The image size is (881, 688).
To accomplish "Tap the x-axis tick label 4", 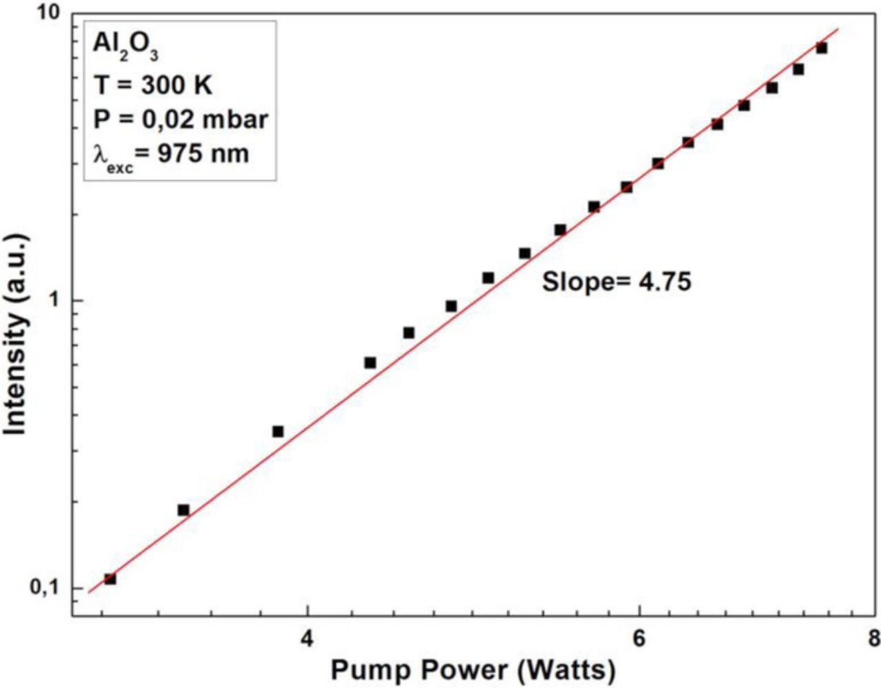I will [307, 638].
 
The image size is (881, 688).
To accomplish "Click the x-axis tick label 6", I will [640, 638].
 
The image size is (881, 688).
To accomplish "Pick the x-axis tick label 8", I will [873, 638].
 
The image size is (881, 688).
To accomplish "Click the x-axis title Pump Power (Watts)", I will [474, 669].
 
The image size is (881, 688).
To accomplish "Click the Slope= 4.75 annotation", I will [616, 282].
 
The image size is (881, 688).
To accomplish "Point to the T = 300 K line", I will [153, 85].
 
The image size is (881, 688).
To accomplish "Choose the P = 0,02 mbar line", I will [180, 120].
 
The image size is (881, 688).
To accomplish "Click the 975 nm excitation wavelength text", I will [203, 153].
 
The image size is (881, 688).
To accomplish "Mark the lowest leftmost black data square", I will [110, 579].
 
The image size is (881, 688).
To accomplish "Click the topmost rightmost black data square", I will [821, 47].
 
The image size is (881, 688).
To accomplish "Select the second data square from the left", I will [183, 510].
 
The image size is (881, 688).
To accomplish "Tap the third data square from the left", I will [278, 431].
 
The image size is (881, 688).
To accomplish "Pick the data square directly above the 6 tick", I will [658, 164].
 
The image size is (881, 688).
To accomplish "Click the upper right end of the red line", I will [838, 30].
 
